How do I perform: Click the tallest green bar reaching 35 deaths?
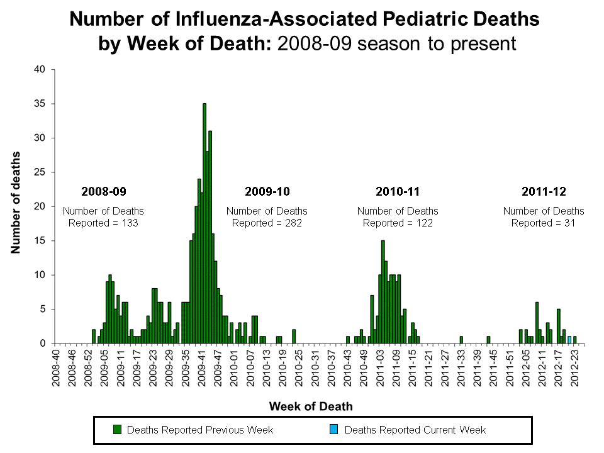tap(204, 223)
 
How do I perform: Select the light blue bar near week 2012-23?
tap(569, 340)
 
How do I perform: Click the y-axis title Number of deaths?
tap(15, 203)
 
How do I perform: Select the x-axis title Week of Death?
tap(311, 406)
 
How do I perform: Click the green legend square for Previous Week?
tap(117, 430)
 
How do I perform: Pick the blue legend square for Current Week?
tap(334, 430)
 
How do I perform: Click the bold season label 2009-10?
tap(267, 191)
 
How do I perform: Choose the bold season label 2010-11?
tap(398, 191)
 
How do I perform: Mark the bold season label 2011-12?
tap(544, 191)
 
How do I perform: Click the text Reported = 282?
tap(267, 223)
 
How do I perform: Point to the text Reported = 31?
tap(544, 223)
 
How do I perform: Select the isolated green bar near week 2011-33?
tap(461, 340)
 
